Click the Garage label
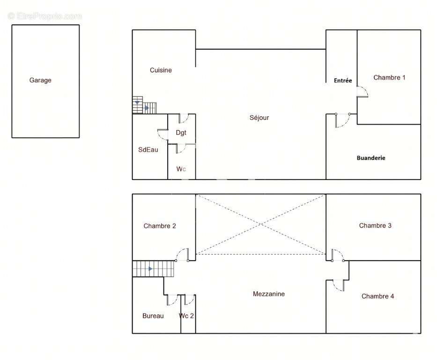pos(40,80)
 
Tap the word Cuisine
pos(161,70)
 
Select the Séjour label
pos(259,118)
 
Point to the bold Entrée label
pos(343,81)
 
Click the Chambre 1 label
pos(389,77)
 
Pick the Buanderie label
pos(371,158)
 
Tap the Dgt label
pos(181,133)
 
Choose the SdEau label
pos(148,150)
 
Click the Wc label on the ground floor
pos(181,169)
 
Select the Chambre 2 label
pos(160,226)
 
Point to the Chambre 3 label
pos(375,225)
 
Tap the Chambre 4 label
pos(378,296)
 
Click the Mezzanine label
pos(269,293)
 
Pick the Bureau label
pos(153,315)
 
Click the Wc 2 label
pos(186,315)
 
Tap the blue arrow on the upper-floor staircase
pos(150,269)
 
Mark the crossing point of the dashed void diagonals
pos(260,224)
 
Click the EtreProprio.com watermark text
pos(45,16)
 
